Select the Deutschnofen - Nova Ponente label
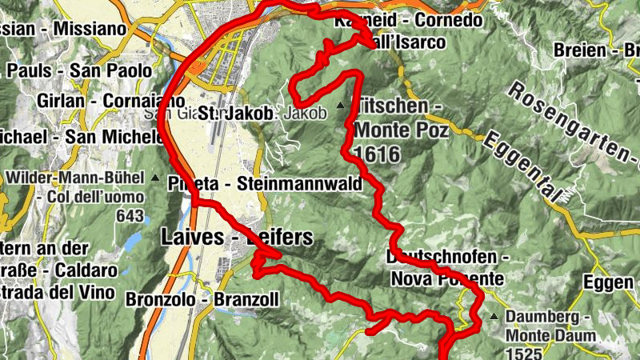tap(448, 268)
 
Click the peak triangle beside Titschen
tap(342, 105)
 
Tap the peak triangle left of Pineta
tap(155, 178)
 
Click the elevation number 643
tap(130, 216)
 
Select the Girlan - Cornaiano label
tap(100, 102)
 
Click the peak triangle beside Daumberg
tap(494, 318)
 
